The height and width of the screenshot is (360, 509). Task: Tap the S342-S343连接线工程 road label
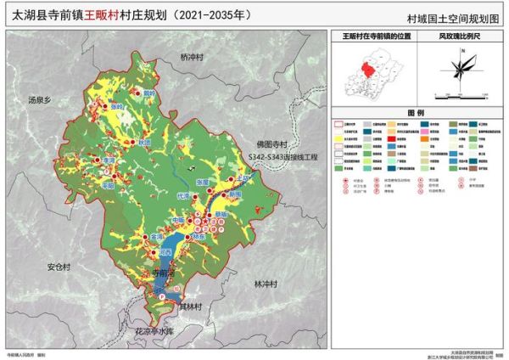click(282, 158)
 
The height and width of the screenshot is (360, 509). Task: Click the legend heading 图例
click(415, 113)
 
